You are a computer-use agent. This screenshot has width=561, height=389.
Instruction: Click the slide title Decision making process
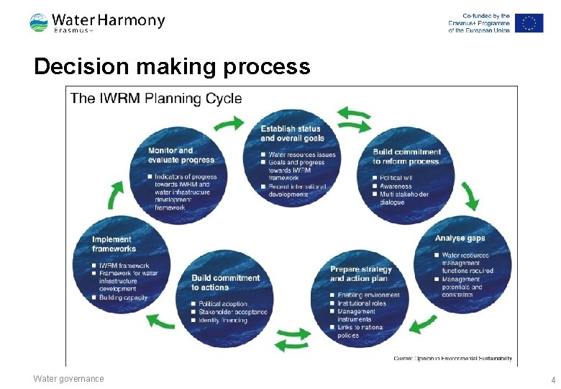click(x=172, y=67)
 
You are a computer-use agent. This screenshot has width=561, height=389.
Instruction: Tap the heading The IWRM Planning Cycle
click(x=156, y=99)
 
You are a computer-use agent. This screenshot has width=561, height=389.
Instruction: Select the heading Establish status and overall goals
click(x=291, y=133)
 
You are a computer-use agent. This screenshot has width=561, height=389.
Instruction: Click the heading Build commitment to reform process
click(x=406, y=156)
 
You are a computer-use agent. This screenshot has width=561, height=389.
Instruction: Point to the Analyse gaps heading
click(x=460, y=238)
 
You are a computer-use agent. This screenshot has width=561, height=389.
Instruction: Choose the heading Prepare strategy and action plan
click(x=360, y=274)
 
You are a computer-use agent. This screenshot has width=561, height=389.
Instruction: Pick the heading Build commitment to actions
click(x=225, y=282)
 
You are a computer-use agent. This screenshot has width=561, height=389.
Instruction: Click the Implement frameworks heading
click(x=113, y=244)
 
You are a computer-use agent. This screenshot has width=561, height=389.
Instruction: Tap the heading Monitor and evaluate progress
click(x=181, y=155)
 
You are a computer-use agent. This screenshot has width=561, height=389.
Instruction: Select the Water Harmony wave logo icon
click(x=39, y=22)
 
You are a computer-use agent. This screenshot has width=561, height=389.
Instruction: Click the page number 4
click(x=552, y=380)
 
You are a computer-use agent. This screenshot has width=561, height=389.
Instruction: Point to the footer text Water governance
click(x=68, y=379)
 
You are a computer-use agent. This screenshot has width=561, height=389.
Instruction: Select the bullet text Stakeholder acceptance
click(x=232, y=312)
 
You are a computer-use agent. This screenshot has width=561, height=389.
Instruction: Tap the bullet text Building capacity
click(x=123, y=298)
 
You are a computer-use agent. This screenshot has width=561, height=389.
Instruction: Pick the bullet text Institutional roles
click(x=361, y=303)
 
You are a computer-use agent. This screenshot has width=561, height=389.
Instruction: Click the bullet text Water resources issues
click(x=301, y=154)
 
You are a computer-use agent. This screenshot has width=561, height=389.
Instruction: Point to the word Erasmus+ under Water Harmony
click(x=74, y=30)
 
